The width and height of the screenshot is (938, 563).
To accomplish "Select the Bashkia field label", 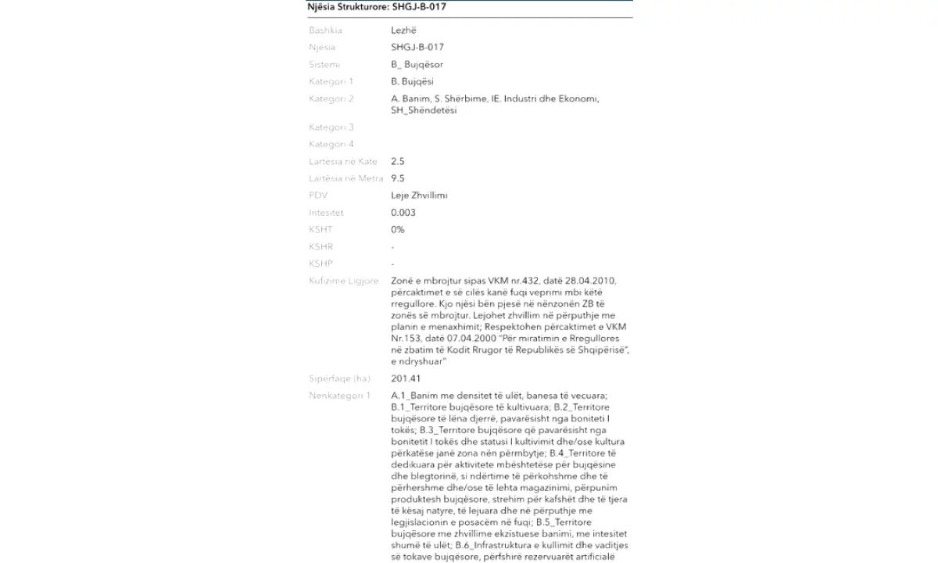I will pos(325,30).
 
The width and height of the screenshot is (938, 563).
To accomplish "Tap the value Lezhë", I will pos(403,30).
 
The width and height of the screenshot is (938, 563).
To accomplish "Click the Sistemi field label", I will pos(324,64).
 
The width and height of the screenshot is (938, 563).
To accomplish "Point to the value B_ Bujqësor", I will pos(417,64).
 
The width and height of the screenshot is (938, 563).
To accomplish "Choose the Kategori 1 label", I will pos(331,81).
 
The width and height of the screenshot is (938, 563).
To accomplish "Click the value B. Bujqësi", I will pos(412,81).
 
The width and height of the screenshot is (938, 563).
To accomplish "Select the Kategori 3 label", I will pos(331,127).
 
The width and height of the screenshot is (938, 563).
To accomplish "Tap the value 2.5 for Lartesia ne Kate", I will pos(397,162).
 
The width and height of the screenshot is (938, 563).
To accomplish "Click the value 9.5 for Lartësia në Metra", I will pos(397,179).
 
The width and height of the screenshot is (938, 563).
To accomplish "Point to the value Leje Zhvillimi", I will pos(419,195).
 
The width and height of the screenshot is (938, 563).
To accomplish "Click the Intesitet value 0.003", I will pos(403,213).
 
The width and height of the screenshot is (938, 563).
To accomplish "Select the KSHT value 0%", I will pos(398,230).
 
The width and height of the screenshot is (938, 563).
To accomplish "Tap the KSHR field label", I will pos(321,247).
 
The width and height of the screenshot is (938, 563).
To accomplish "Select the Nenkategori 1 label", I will pos(340,396).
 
